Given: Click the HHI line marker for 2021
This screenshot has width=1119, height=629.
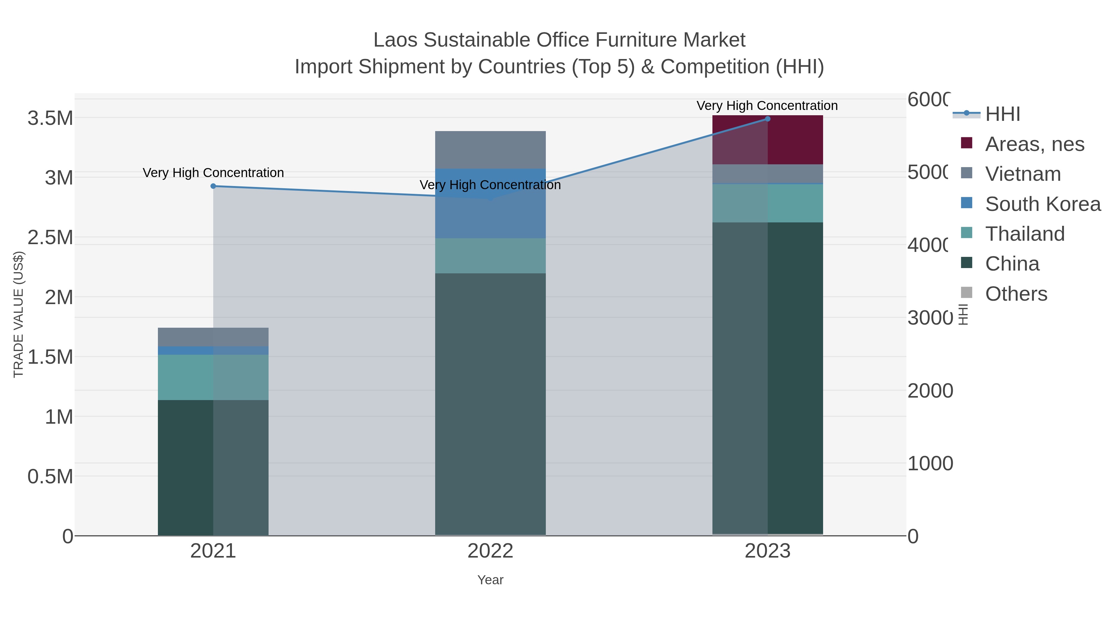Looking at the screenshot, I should (x=213, y=186).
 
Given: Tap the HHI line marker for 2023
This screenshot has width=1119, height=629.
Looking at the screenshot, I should (x=767, y=119).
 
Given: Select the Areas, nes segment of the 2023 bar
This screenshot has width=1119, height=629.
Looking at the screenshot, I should (x=767, y=140).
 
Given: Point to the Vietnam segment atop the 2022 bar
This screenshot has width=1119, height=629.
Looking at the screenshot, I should (x=490, y=149).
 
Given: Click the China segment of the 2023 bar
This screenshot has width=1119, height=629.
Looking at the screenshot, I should (x=767, y=378).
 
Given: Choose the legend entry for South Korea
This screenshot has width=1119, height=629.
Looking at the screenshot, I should (x=1043, y=204).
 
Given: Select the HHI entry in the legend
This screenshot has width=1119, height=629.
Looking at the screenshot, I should (x=1002, y=114).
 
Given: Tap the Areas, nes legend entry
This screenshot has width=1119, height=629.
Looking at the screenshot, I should (x=1034, y=144).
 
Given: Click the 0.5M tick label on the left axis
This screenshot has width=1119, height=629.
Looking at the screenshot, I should (x=50, y=476).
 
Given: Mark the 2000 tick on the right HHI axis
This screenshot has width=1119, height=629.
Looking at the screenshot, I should (x=930, y=391).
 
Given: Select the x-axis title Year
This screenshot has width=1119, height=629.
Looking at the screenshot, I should (x=490, y=580).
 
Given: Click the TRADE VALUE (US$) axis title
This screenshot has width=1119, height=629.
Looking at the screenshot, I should (x=18, y=314).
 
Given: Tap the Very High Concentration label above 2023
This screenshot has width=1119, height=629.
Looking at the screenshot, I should (x=767, y=106).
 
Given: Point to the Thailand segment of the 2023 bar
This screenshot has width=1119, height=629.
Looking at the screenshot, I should (x=767, y=203).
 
